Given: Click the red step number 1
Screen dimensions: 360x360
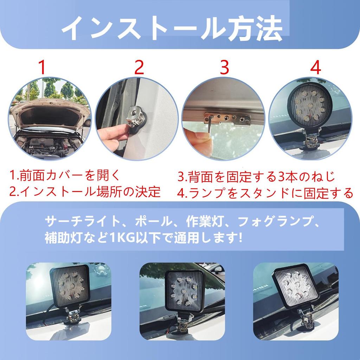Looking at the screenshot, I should (42, 67).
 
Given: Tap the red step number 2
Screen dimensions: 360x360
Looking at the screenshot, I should (140, 67).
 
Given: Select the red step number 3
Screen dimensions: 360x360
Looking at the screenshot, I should (224, 67).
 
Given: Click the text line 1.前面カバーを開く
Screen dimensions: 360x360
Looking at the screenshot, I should (65, 175).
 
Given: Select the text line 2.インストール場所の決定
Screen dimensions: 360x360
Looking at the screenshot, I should (85, 192).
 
